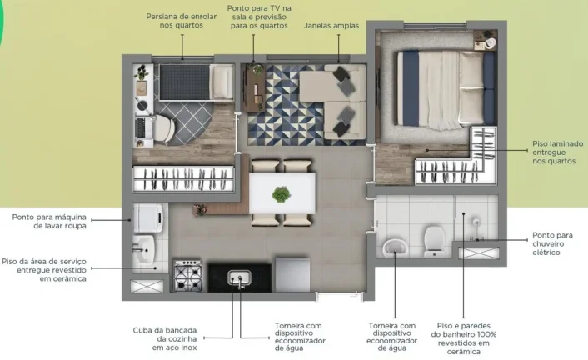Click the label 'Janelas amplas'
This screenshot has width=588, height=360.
[331, 26]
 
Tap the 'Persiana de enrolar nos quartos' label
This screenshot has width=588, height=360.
[182, 21]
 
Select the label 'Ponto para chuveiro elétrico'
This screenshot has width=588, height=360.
[552, 243]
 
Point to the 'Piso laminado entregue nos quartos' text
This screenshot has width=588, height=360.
[558, 152]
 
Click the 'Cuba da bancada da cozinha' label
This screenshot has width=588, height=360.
[165, 338]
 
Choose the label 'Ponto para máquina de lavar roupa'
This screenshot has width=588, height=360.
[49, 221]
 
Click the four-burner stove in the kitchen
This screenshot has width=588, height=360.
[188, 276]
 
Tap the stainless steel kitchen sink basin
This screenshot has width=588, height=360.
[239, 278]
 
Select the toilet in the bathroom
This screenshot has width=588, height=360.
[434, 241]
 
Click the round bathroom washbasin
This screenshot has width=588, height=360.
[396, 248]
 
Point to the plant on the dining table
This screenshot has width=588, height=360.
[282, 194]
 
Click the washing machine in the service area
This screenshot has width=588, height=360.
[147, 218]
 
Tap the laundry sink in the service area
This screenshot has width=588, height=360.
[143, 249]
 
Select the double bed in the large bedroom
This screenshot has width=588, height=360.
[446, 88]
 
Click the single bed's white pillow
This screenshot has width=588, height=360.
[222, 82]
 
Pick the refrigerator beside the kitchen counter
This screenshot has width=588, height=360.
[293, 274]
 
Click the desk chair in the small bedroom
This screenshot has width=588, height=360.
[164, 128]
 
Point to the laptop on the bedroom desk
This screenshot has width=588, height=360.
[141, 128]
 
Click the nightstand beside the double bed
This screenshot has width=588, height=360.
[486, 40]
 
